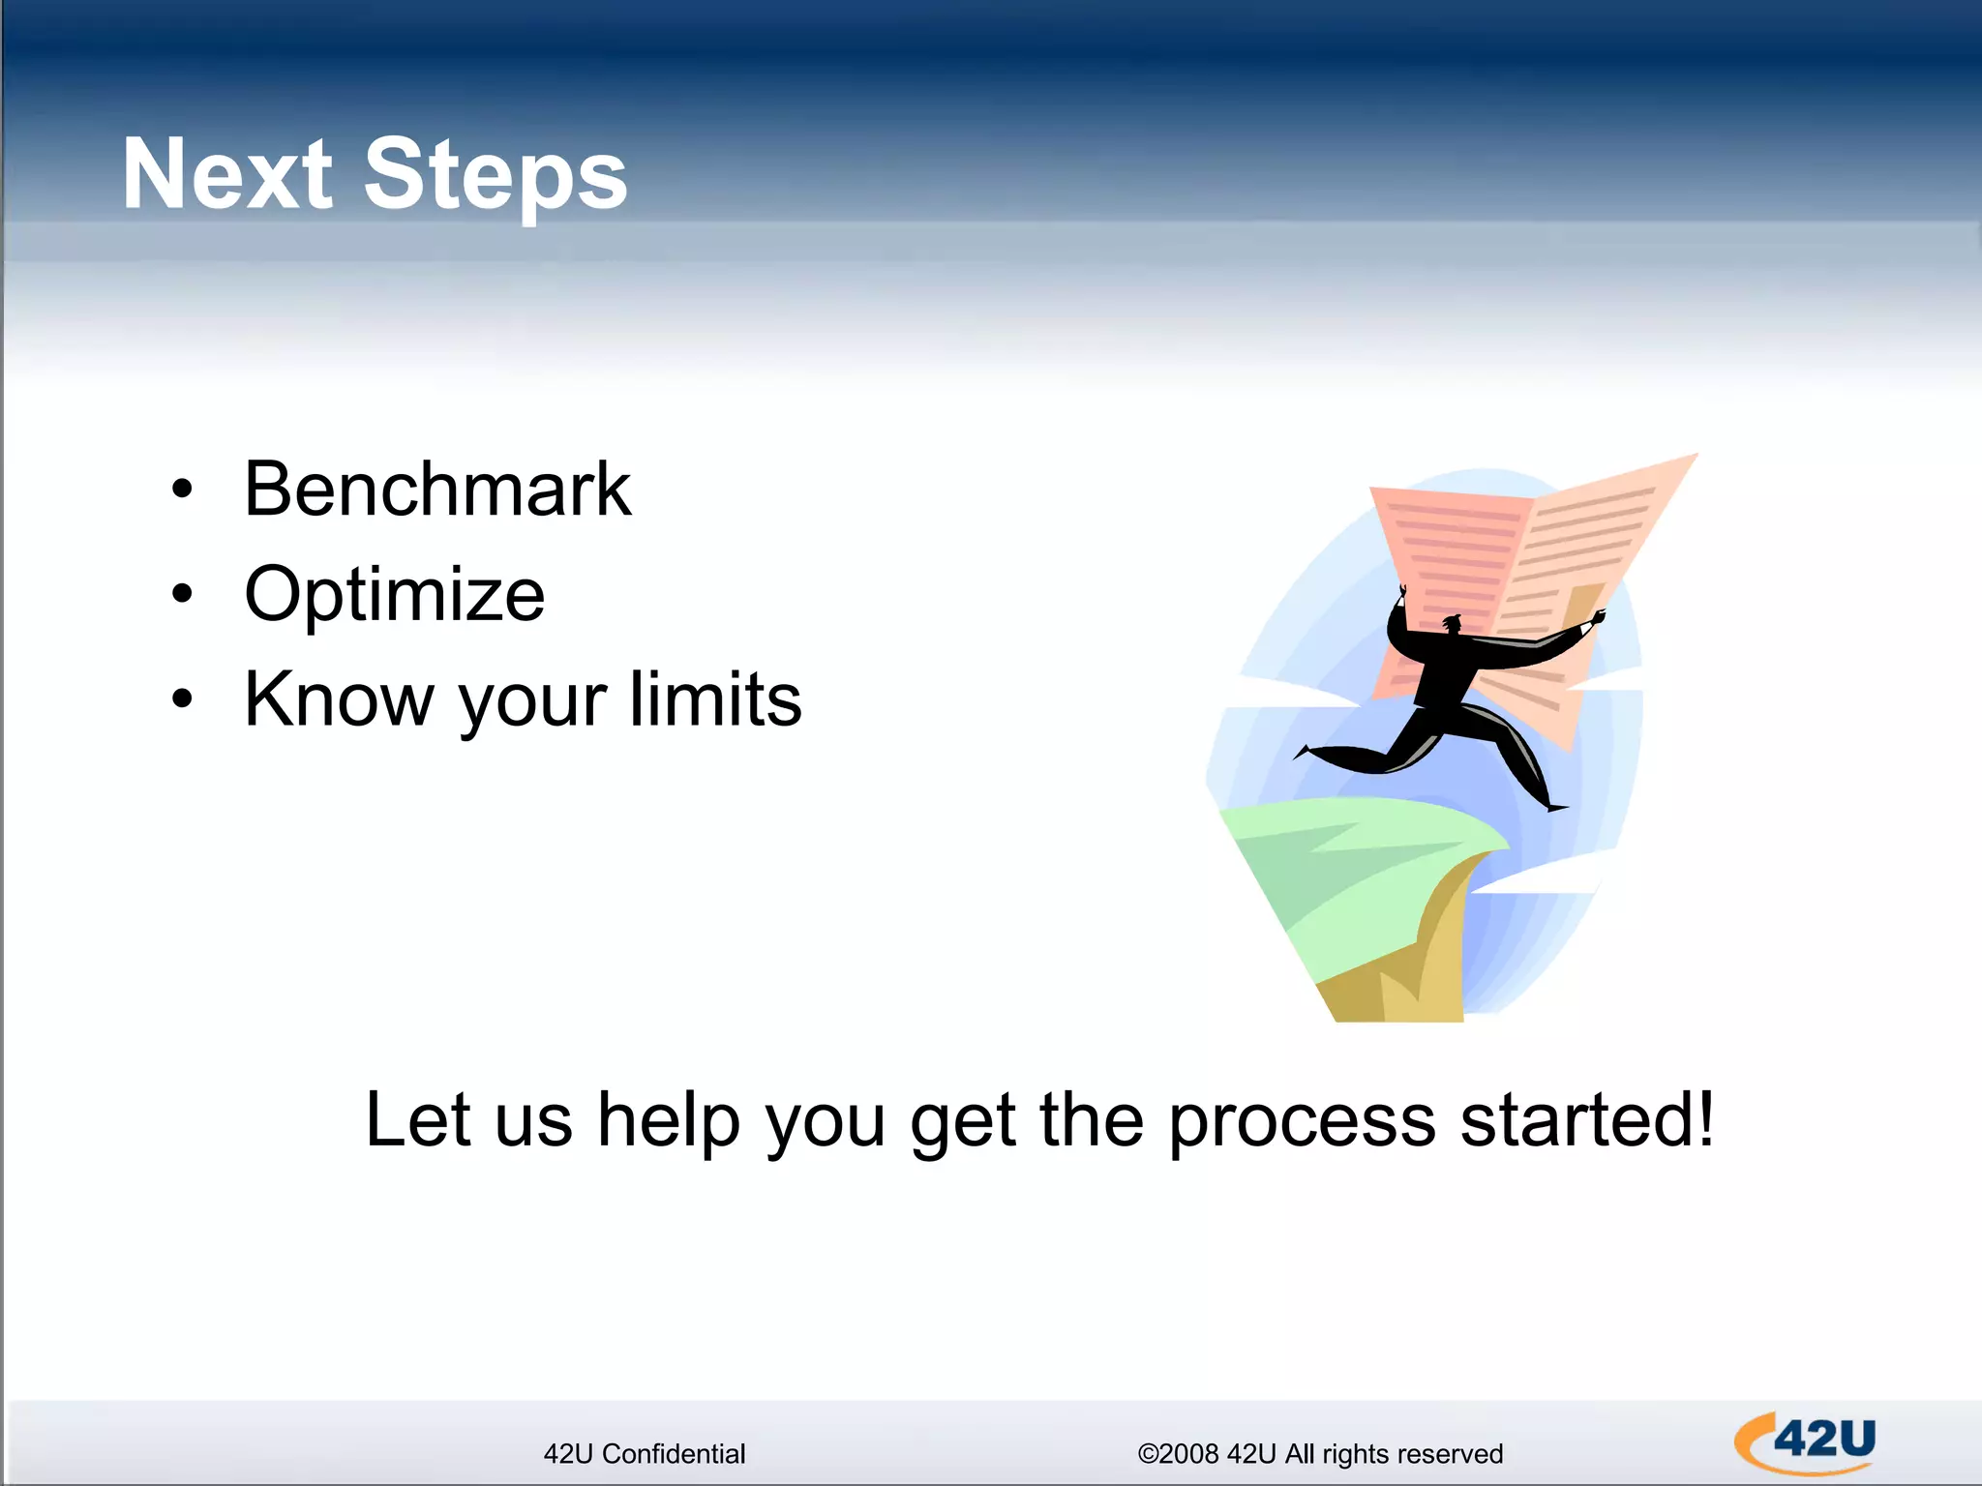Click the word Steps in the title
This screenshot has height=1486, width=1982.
(x=495, y=176)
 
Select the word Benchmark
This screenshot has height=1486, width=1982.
(x=436, y=490)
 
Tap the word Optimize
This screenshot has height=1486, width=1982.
(x=394, y=594)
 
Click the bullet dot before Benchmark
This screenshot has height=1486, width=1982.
(x=182, y=490)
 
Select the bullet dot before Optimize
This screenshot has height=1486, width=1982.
(x=182, y=594)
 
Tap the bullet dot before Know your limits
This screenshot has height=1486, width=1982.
(x=182, y=698)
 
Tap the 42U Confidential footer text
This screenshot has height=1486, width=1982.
(x=645, y=1454)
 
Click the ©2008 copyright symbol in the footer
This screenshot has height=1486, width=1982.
(x=1148, y=1454)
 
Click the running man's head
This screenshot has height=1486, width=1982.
(x=1451, y=624)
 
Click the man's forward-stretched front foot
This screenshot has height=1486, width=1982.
(x=1554, y=806)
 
